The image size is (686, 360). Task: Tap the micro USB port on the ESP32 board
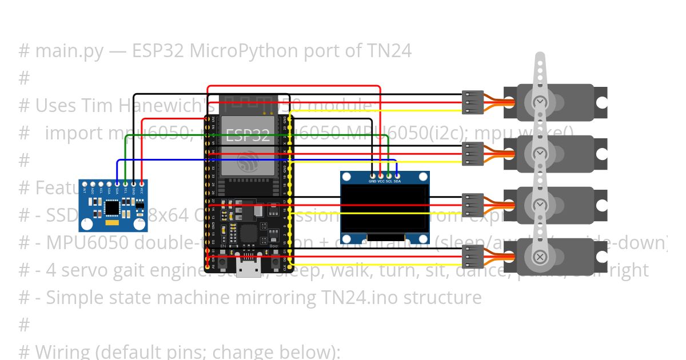[248, 267]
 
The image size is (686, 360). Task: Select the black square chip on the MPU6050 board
[112, 210]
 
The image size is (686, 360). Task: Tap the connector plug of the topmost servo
[473, 102]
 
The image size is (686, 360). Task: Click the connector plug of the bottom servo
[473, 257]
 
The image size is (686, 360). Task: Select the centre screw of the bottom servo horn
[540, 257]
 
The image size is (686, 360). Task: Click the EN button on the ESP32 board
[224, 252]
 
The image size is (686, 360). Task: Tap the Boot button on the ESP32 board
[273, 252]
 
